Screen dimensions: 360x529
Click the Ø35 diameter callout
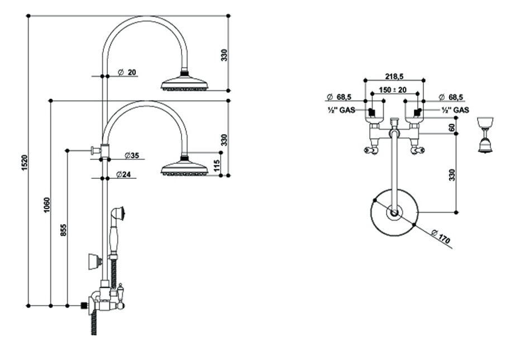pos(131,155)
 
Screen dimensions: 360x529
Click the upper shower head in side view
pos(184,83)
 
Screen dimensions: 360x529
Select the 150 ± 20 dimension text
pos(393,89)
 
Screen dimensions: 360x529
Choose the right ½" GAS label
pos(455,110)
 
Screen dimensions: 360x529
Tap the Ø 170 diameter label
pos(441,236)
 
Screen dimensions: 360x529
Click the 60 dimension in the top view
pos(452,127)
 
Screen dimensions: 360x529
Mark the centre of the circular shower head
pos(394,212)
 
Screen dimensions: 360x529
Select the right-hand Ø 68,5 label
pos(451,97)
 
